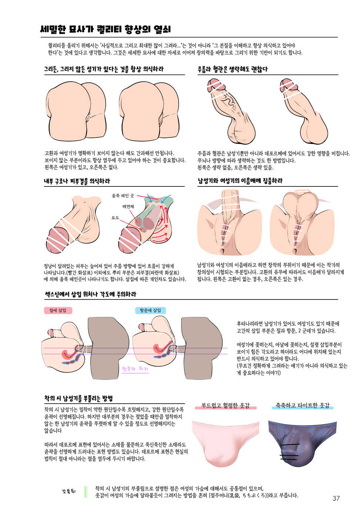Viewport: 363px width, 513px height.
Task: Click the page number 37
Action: [336, 498]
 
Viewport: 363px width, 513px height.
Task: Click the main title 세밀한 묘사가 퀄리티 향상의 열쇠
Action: [105, 30]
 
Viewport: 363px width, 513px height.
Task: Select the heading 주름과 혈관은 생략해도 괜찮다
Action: [233, 69]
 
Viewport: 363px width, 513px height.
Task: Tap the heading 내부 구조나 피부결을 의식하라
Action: [77, 181]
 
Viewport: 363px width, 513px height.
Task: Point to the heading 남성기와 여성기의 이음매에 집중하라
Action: [240, 181]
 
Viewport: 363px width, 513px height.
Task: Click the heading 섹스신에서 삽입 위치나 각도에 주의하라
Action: [90, 294]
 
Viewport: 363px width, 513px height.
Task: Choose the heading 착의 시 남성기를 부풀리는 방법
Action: [79, 398]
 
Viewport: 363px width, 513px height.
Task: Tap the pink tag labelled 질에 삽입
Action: [58, 311]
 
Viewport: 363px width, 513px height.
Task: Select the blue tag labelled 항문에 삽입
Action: [150, 311]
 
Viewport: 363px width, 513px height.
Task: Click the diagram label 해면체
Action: [128, 206]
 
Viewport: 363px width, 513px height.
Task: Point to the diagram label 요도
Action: [115, 218]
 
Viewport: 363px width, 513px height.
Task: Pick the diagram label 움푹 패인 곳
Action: [123, 195]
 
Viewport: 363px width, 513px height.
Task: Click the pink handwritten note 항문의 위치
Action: [135, 369]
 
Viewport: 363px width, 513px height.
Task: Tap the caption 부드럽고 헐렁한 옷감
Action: [226, 406]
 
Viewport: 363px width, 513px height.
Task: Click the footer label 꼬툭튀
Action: [69, 492]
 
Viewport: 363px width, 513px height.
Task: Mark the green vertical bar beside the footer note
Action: [86, 492]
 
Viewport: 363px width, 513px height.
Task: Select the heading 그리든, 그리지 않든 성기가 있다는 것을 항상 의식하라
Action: [104, 69]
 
